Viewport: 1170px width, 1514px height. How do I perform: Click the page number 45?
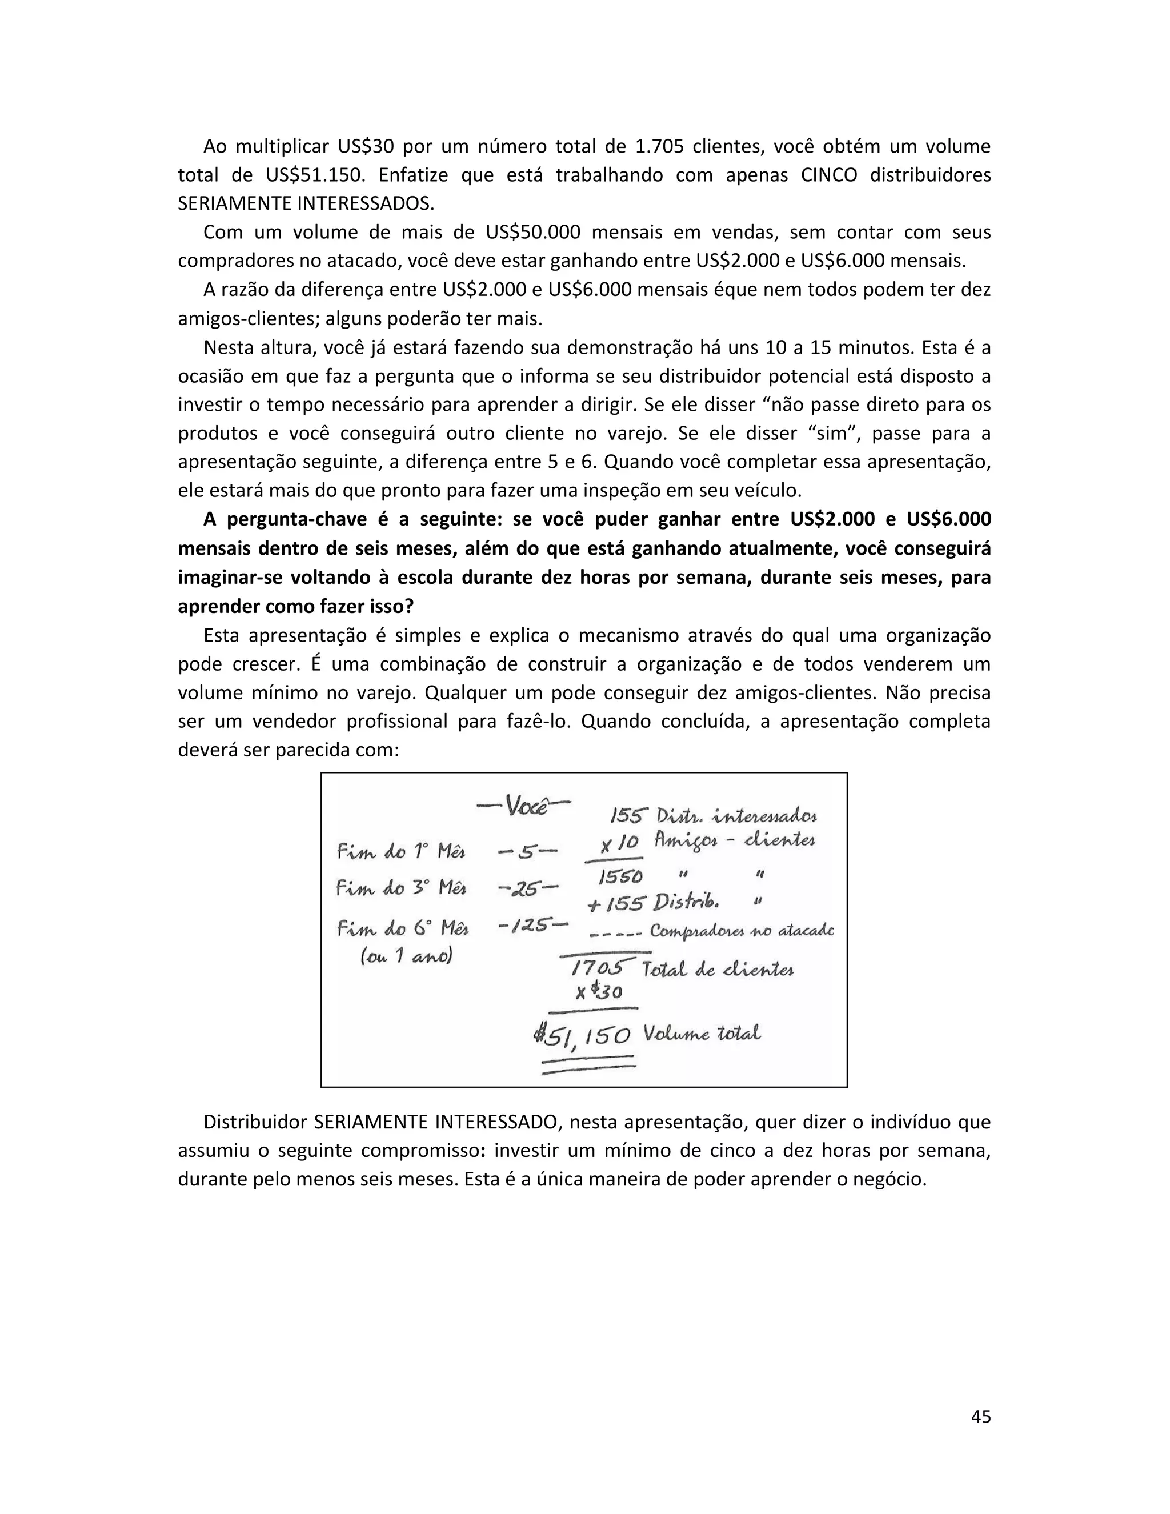[980, 1416]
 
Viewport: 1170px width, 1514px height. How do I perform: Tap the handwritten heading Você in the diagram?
[524, 806]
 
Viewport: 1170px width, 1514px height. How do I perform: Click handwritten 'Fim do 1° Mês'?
[401, 851]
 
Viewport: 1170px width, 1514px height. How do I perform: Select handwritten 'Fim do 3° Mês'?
[401, 887]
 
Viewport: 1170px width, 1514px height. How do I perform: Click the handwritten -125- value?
[532, 925]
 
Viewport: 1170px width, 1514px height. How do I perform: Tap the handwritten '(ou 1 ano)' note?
[406, 956]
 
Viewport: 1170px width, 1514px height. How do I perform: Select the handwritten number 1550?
[620, 876]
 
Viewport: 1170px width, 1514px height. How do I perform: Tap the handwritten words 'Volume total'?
[702, 1034]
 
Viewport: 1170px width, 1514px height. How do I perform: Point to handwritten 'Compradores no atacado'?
[741, 931]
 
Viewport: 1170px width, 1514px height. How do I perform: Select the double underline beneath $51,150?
[588, 1065]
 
